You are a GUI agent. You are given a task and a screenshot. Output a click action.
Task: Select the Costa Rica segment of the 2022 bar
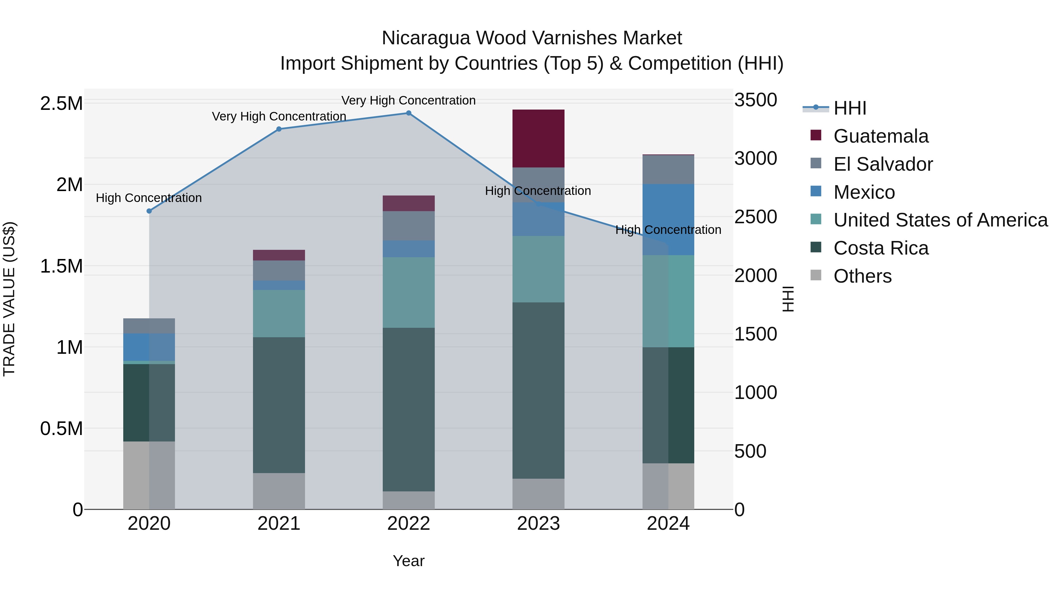pyautogui.click(x=408, y=409)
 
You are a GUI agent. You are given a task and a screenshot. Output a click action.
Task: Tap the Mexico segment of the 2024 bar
pyautogui.click(x=668, y=219)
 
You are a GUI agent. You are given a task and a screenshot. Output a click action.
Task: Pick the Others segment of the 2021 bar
pyautogui.click(x=279, y=491)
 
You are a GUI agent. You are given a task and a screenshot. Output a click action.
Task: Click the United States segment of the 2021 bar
pyautogui.click(x=279, y=313)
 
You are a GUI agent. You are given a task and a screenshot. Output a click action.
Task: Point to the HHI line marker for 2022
pyautogui.click(x=408, y=113)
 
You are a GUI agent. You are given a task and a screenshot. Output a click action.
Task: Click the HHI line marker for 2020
pyautogui.click(x=149, y=211)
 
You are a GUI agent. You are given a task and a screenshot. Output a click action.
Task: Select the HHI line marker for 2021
pyautogui.click(x=279, y=129)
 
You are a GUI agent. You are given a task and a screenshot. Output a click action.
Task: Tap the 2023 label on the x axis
pyautogui.click(x=538, y=524)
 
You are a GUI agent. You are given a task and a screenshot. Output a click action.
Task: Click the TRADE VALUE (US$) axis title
pyautogui.click(x=9, y=299)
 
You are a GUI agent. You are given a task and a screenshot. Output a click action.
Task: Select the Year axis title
pyautogui.click(x=408, y=561)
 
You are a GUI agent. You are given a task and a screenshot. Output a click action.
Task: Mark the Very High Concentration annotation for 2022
pyautogui.click(x=408, y=100)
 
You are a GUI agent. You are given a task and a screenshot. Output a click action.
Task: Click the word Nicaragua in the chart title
pyautogui.click(x=425, y=38)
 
